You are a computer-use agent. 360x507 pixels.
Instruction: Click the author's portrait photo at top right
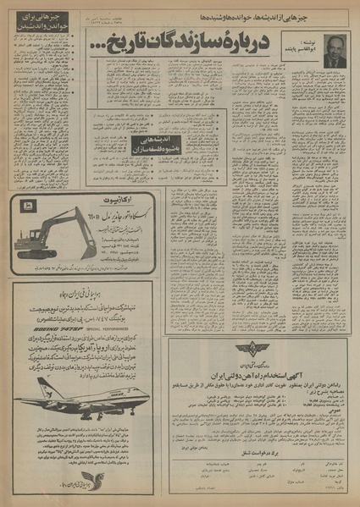(335, 50)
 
